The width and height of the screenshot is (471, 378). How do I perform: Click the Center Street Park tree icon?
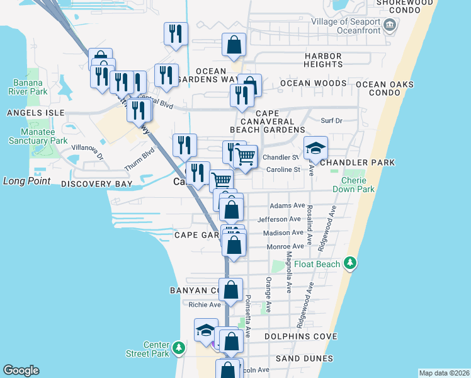179,347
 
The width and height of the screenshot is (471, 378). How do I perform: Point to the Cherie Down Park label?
358,184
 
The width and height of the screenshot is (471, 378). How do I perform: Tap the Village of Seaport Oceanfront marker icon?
390,25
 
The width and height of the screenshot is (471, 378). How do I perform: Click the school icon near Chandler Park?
316,149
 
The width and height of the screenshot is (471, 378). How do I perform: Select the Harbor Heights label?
322,60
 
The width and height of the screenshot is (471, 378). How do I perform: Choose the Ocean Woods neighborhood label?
313,83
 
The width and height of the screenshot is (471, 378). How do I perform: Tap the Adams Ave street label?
287,205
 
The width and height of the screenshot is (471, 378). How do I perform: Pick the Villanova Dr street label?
86,149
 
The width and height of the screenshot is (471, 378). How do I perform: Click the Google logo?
21,370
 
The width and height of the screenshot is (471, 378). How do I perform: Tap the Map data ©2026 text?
443,373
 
